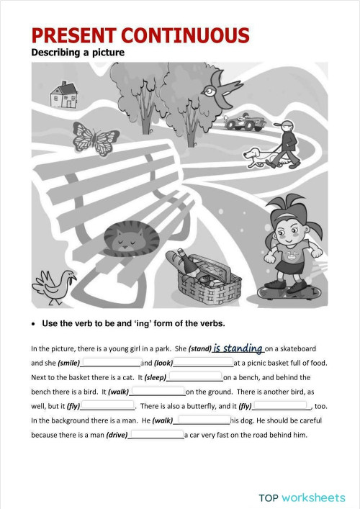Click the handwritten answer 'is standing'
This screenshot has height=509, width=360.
coord(238,348)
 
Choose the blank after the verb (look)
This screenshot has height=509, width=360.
coord(204,363)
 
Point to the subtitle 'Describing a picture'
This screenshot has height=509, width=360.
coord(78,53)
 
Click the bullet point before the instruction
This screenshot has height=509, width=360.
coord(35,323)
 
